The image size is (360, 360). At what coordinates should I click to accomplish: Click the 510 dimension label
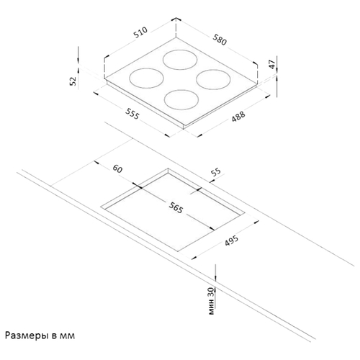pyautogui.click(x=140, y=32)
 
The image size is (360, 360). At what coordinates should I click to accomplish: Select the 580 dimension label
pyautogui.click(x=220, y=40)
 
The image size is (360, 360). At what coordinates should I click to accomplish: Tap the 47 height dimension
pyautogui.click(x=272, y=64)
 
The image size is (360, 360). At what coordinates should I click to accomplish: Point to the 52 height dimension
pyautogui.click(x=73, y=81)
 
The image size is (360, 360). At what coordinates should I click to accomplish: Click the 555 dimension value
pyautogui.click(x=132, y=114)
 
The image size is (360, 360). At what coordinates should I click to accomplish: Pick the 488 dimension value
pyautogui.click(x=238, y=116)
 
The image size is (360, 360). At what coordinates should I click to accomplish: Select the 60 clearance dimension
pyautogui.click(x=117, y=168)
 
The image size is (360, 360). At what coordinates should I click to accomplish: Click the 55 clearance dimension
pyautogui.click(x=216, y=172)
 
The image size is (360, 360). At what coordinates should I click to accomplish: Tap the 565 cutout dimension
pyautogui.click(x=176, y=207)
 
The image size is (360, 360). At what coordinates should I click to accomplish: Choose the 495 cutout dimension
pyautogui.click(x=232, y=240)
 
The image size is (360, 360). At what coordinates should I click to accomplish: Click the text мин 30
pyautogui.click(x=211, y=301)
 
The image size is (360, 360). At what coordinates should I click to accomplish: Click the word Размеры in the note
pyautogui.click(x=27, y=336)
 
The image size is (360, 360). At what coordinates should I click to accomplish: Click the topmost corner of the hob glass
pyautogui.click(x=176, y=37)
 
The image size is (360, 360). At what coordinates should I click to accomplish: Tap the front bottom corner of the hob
pyautogui.click(x=184, y=129)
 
